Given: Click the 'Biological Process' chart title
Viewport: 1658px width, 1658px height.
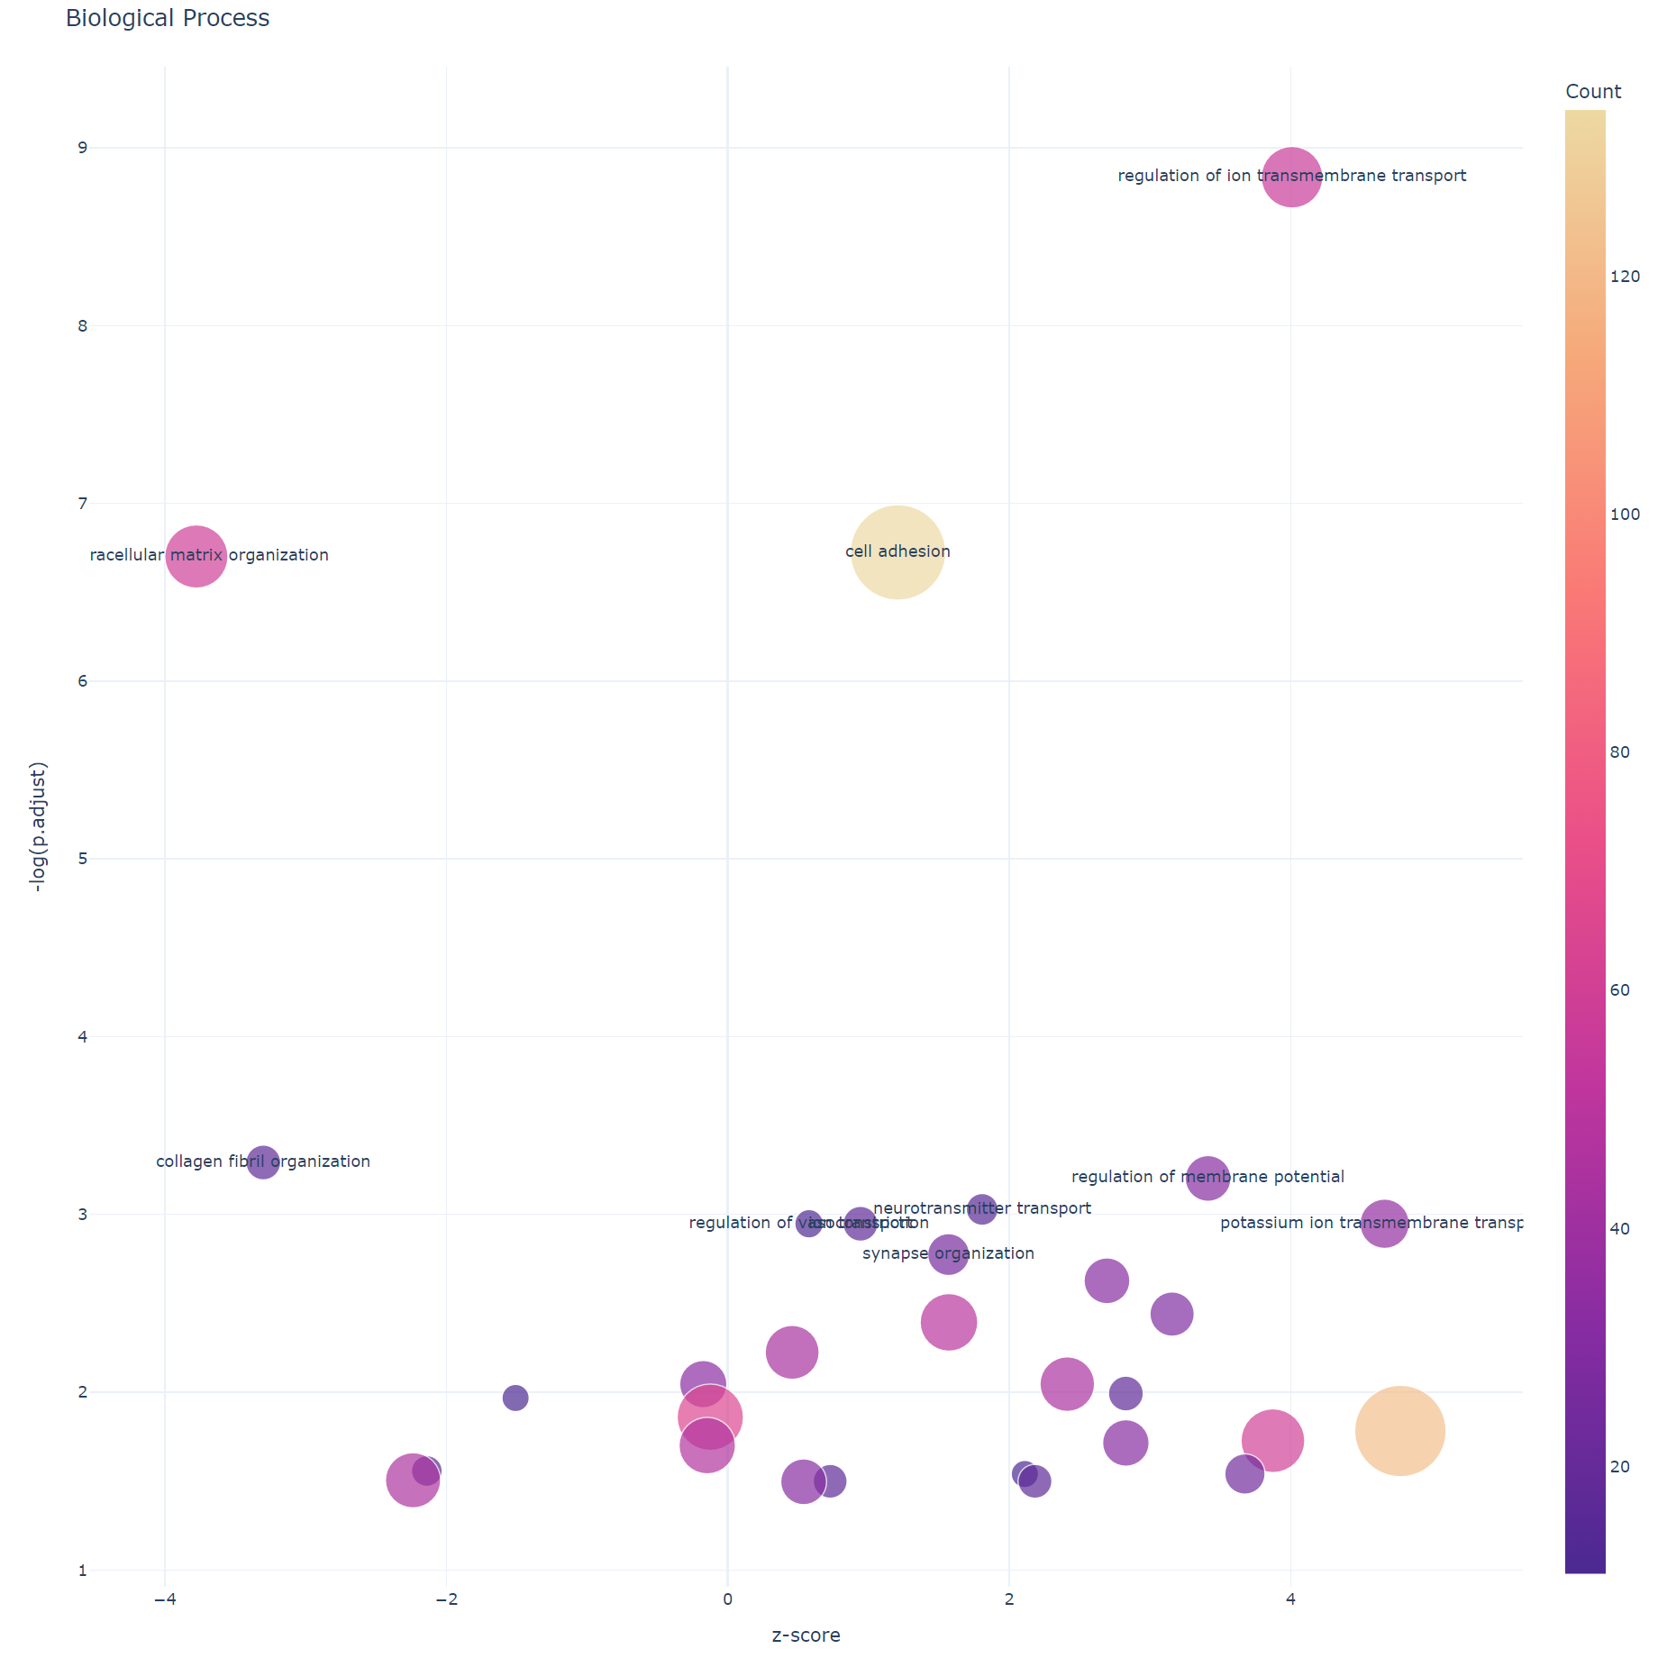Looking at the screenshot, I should (x=168, y=19).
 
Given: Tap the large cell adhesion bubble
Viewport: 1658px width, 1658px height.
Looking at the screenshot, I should (x=897, y=552).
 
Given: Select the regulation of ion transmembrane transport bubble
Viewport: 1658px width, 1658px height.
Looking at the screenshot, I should (x=1291, y=177).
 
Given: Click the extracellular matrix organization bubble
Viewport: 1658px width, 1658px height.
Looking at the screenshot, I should (x=196, y=556).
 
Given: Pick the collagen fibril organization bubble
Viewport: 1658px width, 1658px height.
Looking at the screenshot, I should (x=262, y=1162).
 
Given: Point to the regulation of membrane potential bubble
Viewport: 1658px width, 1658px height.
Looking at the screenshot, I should (x=1207, y=1178).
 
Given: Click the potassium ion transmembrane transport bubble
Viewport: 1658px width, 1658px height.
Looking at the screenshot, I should (x=1384, y=1224).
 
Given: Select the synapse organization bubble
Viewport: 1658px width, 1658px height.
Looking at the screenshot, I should (x=948, y=1254).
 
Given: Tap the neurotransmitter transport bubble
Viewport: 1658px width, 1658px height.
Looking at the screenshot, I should (x=981, y=1209).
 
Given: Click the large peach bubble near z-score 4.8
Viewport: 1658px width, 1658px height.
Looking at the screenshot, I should (x=1399, y=1431).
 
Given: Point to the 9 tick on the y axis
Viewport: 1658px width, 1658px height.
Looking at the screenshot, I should (x=83, y=148).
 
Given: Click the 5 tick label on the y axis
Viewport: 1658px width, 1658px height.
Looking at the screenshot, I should (x=83, y=859).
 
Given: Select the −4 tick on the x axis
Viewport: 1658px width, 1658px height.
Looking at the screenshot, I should (x=164, y=1599).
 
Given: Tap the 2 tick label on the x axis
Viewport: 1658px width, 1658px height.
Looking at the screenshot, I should (x=1009, y=1599).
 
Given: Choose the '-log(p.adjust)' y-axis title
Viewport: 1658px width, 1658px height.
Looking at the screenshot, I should (x=38, y=827).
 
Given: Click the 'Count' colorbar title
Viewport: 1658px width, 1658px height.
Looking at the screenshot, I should (x=1593, y=92).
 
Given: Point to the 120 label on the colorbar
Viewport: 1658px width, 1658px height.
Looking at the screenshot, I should (x=1625, y=277).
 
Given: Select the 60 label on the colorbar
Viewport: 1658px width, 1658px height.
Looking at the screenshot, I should (x=1619, y=990).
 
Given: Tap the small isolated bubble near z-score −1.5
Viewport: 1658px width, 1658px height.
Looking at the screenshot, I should (x=515, y=1398).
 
